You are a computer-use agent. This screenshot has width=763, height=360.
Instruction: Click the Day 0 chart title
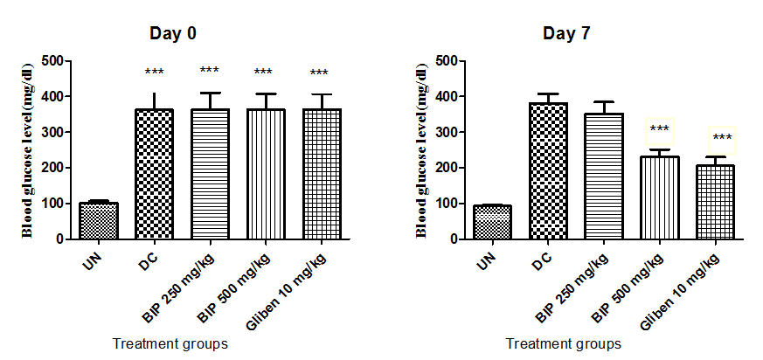click(171, 34)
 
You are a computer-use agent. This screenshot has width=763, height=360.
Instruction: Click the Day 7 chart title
click(565, 34)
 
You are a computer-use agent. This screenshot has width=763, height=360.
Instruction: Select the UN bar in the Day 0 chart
click(99, 221)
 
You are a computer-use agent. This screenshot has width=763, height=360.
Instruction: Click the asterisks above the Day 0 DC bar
click(155, 73)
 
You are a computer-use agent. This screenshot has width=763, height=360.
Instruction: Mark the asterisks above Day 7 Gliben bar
click(722, 138)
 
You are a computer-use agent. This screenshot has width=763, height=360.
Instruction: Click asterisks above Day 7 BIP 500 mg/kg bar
click(660, 130)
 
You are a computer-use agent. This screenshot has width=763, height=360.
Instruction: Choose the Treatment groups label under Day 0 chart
click(170, 343)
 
